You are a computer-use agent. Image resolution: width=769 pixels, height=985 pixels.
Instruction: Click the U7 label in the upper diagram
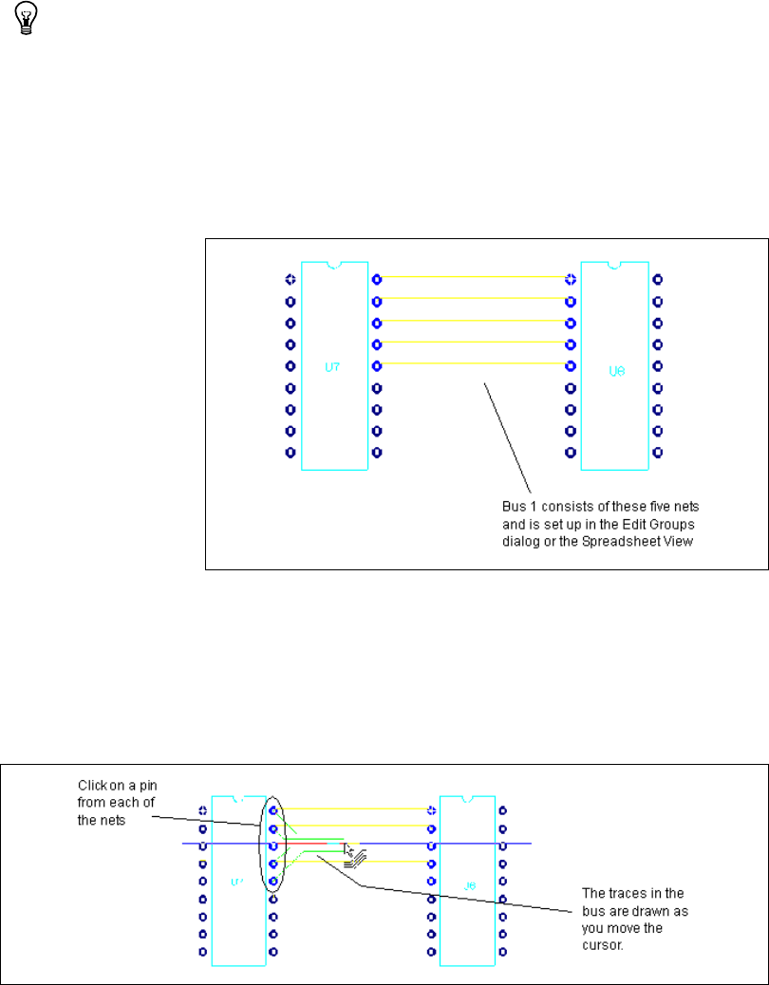click(333, 366)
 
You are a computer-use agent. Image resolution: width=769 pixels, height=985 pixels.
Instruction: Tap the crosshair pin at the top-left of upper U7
click(291, 279)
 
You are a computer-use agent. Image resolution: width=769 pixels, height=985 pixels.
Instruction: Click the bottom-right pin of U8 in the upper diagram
click(658, 453)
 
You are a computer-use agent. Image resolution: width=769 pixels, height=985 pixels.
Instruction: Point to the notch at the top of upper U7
click(333, 265)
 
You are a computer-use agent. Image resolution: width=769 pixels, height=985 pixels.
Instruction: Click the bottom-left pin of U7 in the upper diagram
click(291, 453)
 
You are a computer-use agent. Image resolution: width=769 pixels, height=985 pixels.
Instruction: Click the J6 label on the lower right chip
click(470, 887)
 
